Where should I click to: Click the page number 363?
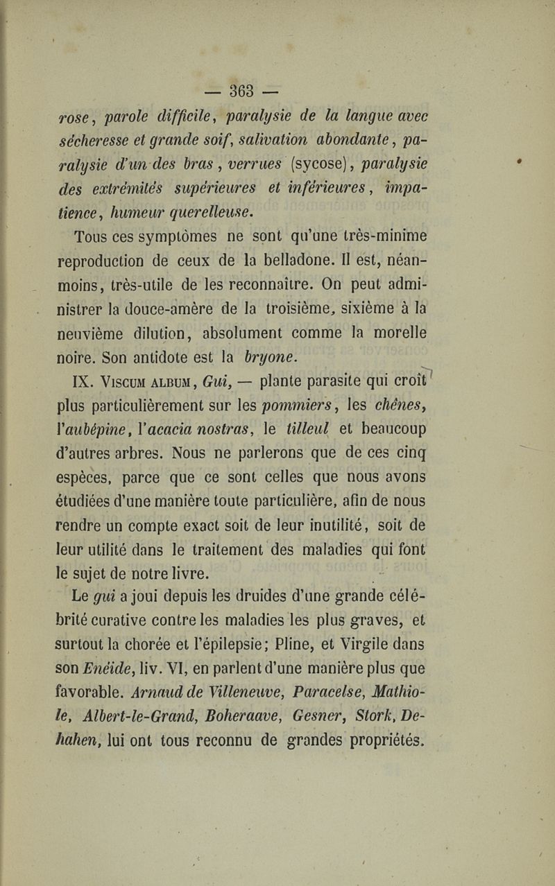241,91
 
